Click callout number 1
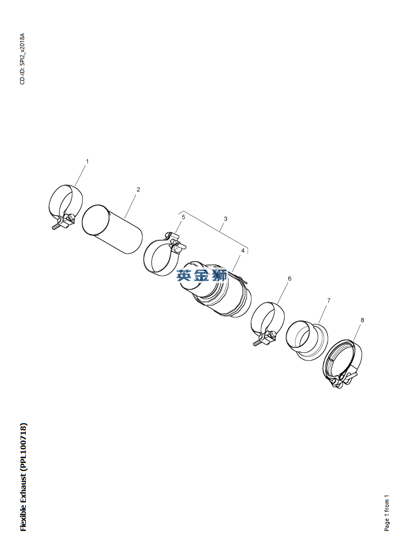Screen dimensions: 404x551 pyautogui.click(x=87, y=161)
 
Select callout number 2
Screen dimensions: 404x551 pyautogui.click(x=139, y=189)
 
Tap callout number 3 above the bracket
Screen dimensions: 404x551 pyautogui.click(x=225, y=219)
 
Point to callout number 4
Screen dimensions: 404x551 pyautogui.click(x=242, y=250)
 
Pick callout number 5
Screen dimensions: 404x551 pyautogui.click(x=183, y=217)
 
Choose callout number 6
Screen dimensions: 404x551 pyautogui.click(x=290, y=278)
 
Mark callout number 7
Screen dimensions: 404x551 pyautogui.click(x=329, y=301)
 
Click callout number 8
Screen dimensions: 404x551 pyautogui.click(x=362, y=320)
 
